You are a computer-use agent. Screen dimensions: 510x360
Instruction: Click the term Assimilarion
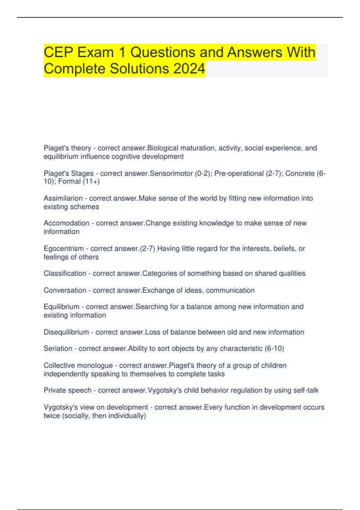[63, 198]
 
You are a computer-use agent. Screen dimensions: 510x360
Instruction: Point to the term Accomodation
[66, 223]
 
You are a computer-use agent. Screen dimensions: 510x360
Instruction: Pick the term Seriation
[58, 349]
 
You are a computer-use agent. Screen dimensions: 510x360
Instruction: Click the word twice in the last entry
[52, 416]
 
